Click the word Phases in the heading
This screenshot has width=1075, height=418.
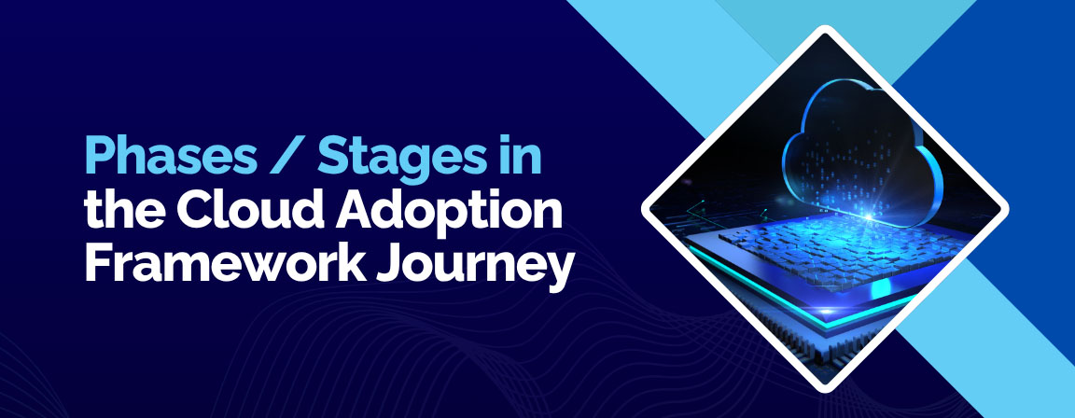(x=171, y=157)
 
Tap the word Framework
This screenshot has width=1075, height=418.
(x=224, y=266)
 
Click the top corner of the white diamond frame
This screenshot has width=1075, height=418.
(x=825, y=29)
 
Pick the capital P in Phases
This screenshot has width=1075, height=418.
(x=98, y=157)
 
